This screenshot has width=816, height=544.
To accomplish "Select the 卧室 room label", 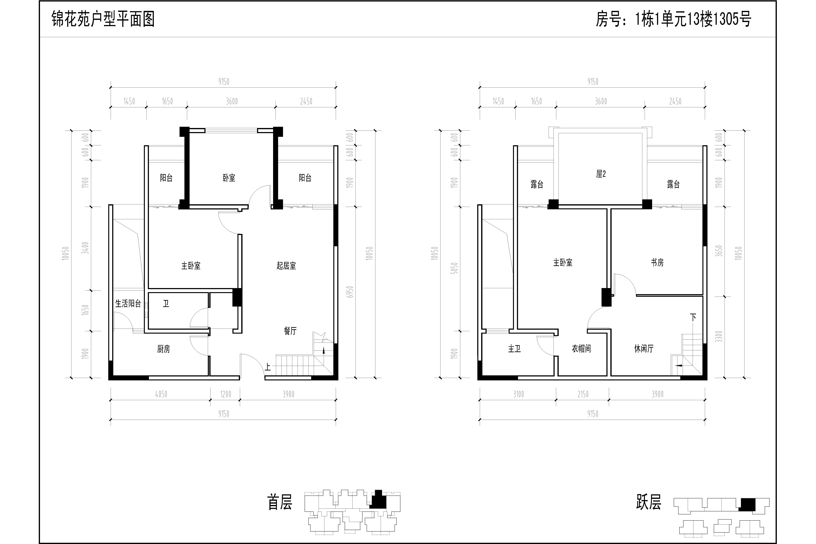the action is (229, 178).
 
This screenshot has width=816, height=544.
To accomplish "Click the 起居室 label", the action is (286, 266).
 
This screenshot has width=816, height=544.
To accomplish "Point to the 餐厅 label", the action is (290, 331).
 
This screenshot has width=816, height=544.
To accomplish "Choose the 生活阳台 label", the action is (128, 304).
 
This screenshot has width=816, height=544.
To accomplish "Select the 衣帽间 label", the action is (582, 349).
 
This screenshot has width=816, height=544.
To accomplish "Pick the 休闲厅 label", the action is (644, 349).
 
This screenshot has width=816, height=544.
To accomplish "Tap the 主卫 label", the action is (514, 349).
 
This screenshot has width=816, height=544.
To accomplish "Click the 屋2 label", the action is (601, 174).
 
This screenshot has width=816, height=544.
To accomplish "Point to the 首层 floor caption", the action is (280, 502).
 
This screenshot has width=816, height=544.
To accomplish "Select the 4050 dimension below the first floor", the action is (161, 394).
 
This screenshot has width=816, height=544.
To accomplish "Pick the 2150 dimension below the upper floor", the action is (583, 394).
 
